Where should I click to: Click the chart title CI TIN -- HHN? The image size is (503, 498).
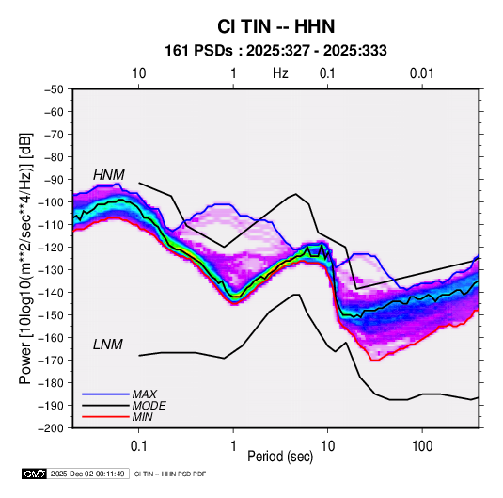click(275, 26)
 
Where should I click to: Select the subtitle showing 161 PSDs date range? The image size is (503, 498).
click(275, 51)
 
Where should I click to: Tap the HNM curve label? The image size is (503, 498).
click(109, 175)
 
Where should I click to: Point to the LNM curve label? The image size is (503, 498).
click(108, 345)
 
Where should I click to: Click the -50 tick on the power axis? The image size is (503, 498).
click(54, 89)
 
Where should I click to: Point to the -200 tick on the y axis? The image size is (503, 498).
click(52, 428)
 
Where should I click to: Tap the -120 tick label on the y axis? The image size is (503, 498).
click(52, 248)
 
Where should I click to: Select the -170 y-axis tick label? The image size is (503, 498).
click(52, 361)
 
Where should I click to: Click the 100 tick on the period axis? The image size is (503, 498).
click(422, 446)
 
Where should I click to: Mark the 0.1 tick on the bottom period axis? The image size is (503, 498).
click(138, 446)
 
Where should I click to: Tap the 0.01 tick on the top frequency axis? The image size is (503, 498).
click(422, 73)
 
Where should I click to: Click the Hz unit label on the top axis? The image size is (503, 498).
click(280, 73)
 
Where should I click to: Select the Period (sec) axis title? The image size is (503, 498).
click(280, 457)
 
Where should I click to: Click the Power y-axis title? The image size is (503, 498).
click(25, 258)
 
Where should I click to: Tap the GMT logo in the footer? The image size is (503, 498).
click(34, 474)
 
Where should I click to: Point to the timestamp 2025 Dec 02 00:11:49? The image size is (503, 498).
click(87, 474)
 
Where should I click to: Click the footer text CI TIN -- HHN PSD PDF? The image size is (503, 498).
click(170, 474)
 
